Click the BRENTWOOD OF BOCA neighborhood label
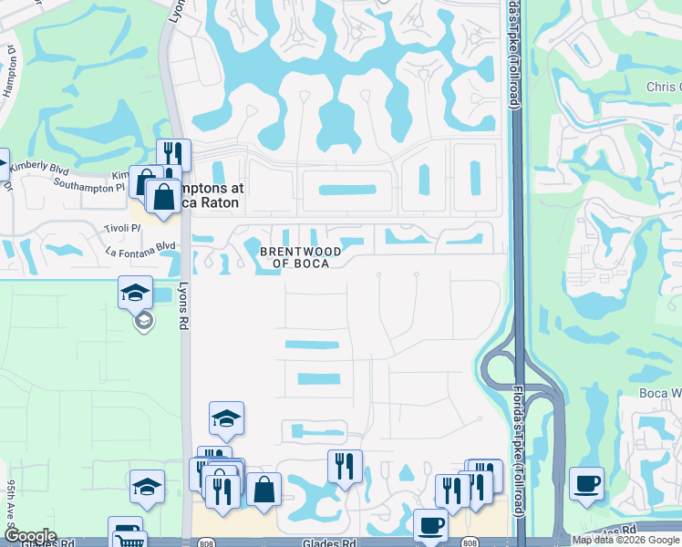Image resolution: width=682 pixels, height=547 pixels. tap(300, 257)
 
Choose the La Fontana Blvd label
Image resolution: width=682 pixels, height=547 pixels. tap(140, 246)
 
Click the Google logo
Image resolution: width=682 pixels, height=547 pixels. tap(29, 536)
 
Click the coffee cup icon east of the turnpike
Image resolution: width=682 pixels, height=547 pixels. tap(586, 483)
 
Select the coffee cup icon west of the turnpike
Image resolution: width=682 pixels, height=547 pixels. tap(430, 525)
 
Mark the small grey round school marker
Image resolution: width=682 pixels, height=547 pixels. tap(142, 321)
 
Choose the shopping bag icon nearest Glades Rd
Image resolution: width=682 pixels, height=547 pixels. tap(263, 490)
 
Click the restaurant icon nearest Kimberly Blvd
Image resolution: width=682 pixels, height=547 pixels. tap(172, 155)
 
